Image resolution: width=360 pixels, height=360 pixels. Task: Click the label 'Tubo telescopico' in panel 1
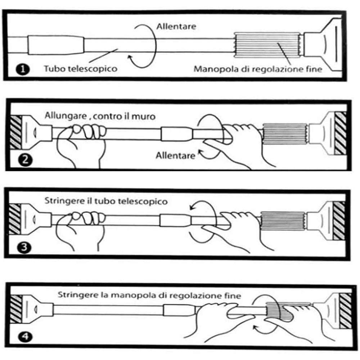81,68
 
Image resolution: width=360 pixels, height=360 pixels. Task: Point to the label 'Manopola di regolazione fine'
258,68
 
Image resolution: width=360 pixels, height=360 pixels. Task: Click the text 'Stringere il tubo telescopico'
106,201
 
